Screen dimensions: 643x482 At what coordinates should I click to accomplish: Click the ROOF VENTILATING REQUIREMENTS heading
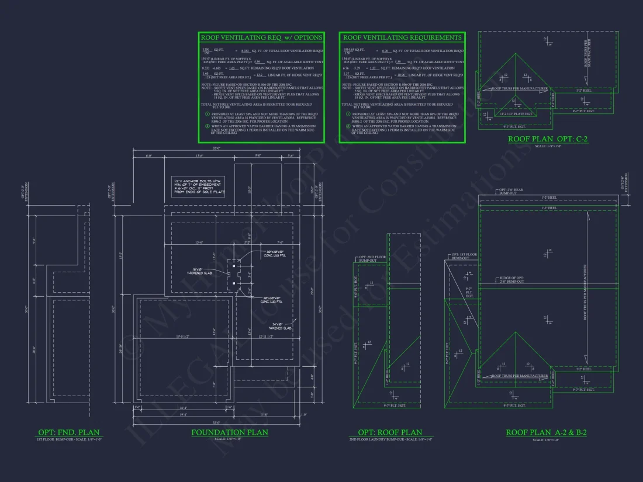click(402, 37)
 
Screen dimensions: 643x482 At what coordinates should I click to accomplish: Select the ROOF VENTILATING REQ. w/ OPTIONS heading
click(261, 37)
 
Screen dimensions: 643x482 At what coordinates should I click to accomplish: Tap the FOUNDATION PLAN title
click(230, 432)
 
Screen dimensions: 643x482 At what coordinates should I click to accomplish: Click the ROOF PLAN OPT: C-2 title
click(548, 139)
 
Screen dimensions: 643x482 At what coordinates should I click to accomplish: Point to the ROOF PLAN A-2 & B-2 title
click(546, 432)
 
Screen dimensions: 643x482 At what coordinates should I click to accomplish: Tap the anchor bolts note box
click(199, 186)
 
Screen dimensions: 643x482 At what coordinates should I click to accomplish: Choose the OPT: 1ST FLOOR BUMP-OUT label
click(463, 256)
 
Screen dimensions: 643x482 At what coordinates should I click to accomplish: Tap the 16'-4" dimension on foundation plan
click(183, 408)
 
